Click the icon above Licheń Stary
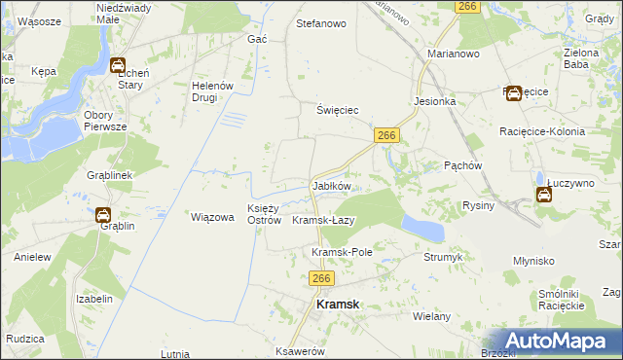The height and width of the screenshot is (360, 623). tap(118, 66)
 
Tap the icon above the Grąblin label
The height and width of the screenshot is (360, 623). tap(102, 215)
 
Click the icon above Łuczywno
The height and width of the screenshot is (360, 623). tap(544, 194)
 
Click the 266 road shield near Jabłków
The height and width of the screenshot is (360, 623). tap(386, 137)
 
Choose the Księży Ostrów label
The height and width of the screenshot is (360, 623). tap(264, 213)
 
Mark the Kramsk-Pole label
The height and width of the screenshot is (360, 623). tap(343, 252)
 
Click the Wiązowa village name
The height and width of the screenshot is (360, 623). tap(213, 217)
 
